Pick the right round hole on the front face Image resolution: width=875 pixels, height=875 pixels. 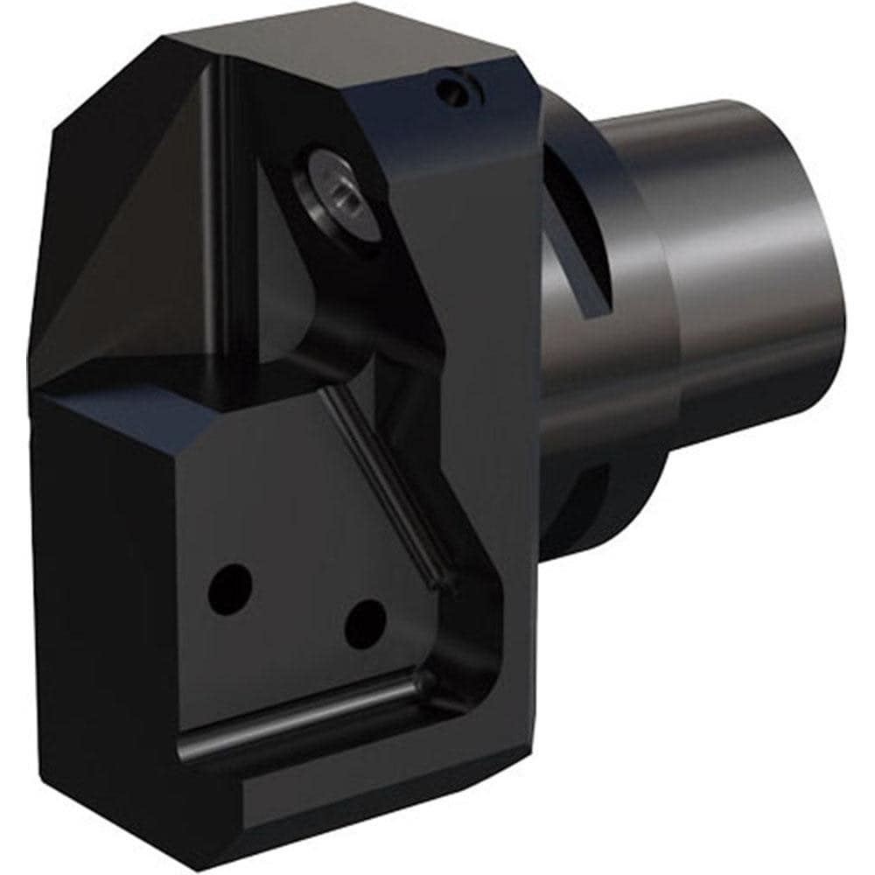coord(365,624)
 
